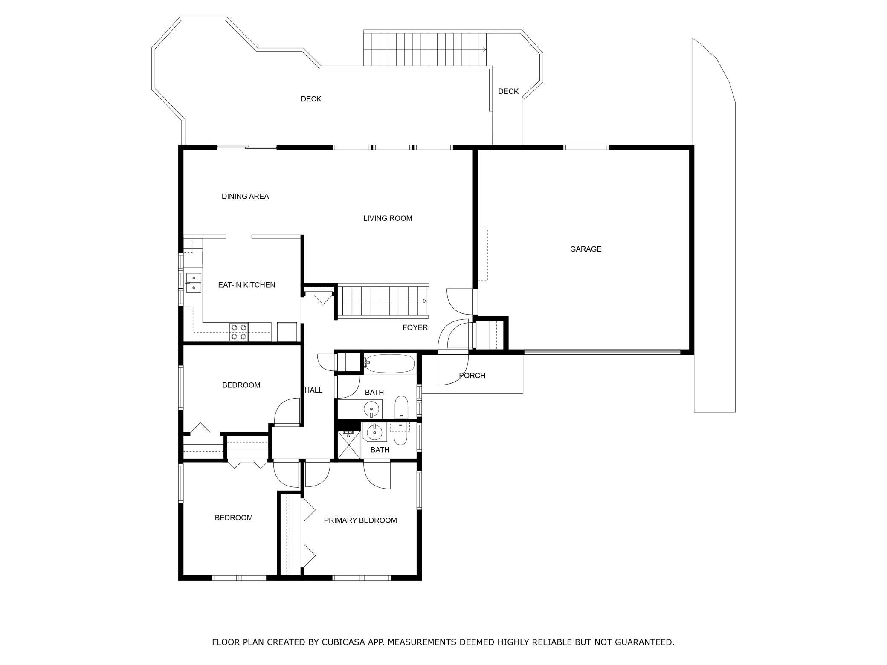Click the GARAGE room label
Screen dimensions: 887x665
(x=586, y=249)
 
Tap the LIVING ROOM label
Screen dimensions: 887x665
(x=388, y=218)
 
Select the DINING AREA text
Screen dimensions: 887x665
(x=245, y=197)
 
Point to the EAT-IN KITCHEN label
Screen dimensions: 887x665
(x=246, y=285)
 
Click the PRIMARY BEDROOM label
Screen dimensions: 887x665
(x=360, y=520)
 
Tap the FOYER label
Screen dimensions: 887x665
(x=415, y=327)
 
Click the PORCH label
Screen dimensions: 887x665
(x=472, y=376)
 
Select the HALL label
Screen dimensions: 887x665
(x=313, y=390)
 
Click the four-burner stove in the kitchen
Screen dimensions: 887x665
(x=239, y=332)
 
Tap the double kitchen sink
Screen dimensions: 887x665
(x=194, y=283)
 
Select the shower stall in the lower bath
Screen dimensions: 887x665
(x=349, y=445)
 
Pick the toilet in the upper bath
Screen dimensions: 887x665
(x=401, y=408)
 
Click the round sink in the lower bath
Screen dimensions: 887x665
(x=374, y=432)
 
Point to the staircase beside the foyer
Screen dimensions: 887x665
(x=382, y=302)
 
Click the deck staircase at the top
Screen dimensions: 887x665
(x=425, y=49)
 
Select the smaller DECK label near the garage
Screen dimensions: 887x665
(x=508, y=91)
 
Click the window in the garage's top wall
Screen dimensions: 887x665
(x=586, y=147)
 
